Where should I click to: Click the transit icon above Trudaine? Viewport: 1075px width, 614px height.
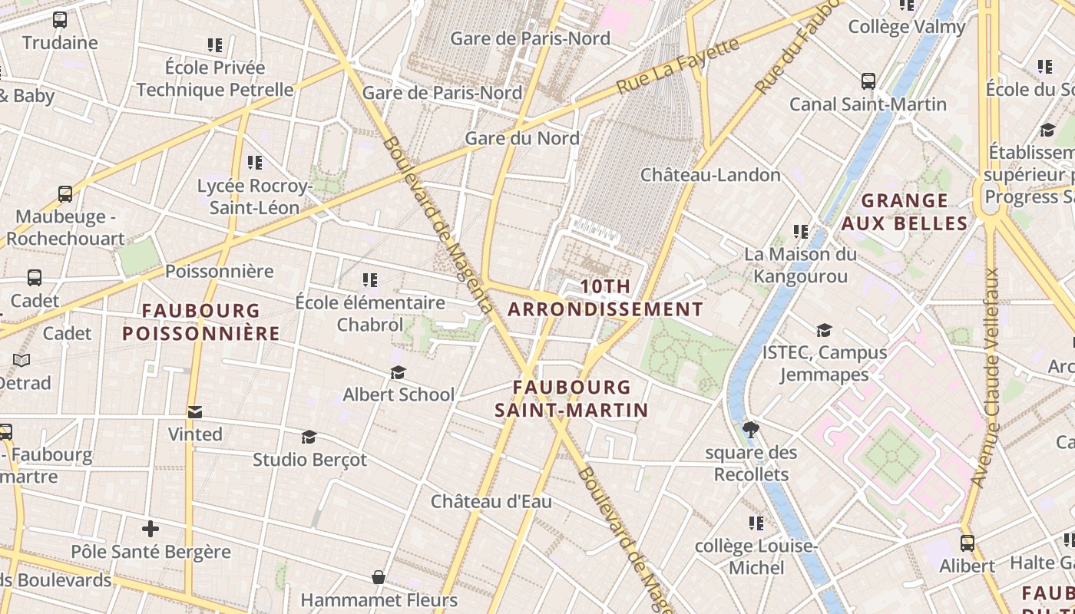[x=59, y=20]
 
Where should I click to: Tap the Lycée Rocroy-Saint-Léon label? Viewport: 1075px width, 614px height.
[x=254, y=196]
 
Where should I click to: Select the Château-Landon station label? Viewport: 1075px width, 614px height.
[x=710, y=175]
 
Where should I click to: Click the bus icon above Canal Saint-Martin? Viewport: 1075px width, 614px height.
[x=868, y=81]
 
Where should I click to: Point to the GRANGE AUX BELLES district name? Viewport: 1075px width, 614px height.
[x=904, y=212]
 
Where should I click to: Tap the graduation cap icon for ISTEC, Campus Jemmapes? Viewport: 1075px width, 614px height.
[x=824, y=330]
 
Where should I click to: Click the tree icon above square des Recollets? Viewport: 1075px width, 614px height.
[x=751, y=429]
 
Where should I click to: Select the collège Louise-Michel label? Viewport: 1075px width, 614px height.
[x=755, y=556]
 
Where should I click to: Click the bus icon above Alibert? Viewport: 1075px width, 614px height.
[x=967, y=543]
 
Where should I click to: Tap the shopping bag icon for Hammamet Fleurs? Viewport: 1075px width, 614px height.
[x=378, y=577]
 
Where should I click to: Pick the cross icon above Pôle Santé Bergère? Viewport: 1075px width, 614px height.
[x=150, y=529]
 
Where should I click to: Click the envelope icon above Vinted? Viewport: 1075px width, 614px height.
[x=195, y=412]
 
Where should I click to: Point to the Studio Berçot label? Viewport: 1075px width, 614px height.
[x=309, y=460]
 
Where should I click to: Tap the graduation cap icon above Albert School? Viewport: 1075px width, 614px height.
[x=398, y=372]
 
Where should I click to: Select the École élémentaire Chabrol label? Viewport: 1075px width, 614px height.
[x=370, y=313]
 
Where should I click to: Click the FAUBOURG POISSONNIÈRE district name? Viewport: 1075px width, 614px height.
[x=201, y=322]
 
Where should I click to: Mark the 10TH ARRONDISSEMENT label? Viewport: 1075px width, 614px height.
[x=605, y=298]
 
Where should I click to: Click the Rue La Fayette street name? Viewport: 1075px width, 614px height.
[x=677, y=66]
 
